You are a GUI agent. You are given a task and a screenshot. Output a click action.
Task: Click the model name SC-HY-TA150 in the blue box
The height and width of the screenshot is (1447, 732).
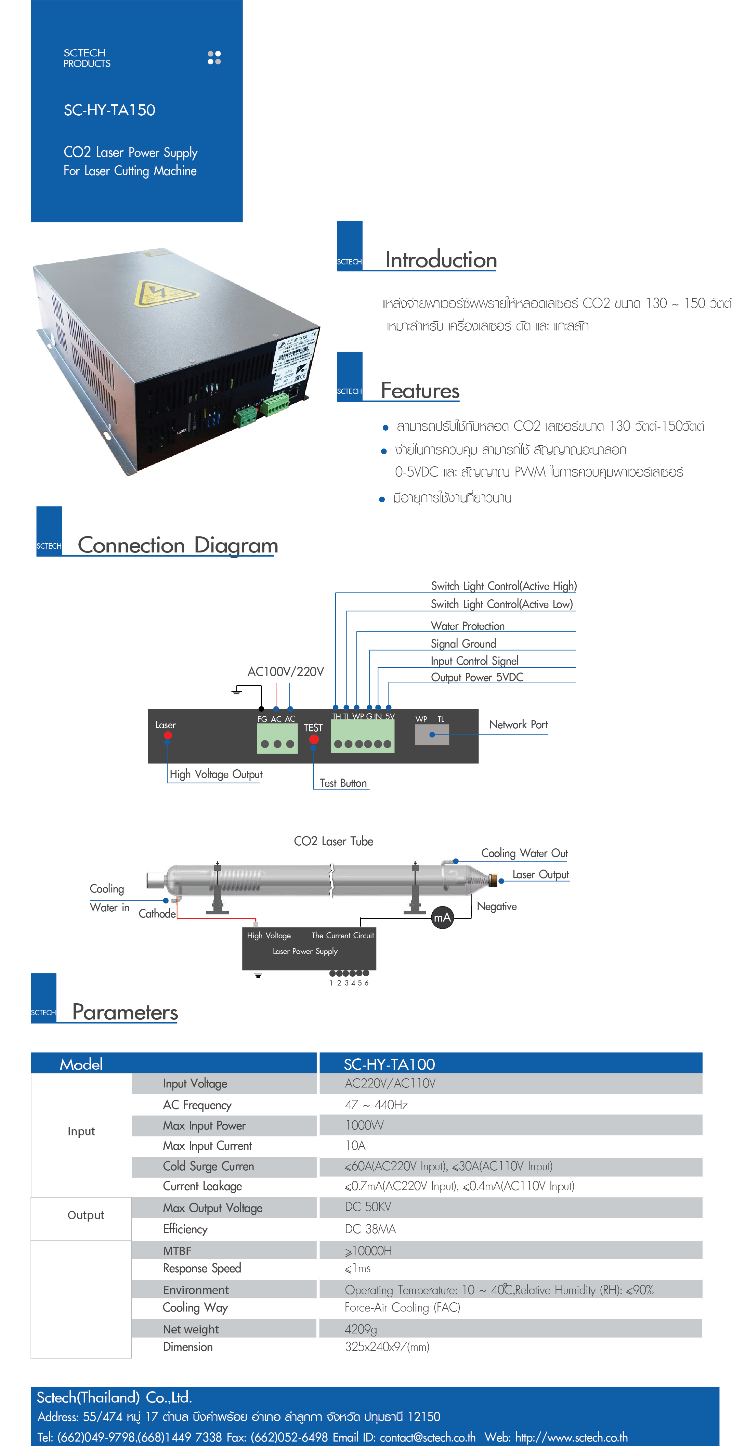coord(109,110)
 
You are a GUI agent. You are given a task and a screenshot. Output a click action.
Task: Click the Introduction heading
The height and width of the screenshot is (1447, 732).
coord(441,260)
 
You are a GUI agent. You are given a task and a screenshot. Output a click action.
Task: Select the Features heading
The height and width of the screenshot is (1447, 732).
coord(420,391)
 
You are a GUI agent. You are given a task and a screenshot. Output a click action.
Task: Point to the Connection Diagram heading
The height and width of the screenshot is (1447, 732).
coord(178,545)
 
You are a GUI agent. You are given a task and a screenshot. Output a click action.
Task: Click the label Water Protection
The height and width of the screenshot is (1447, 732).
coord(467,626)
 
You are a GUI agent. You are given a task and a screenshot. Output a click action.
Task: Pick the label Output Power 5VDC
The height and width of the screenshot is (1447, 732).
coord(476,677)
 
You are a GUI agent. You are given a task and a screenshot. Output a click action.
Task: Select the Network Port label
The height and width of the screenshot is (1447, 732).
coord(518,725)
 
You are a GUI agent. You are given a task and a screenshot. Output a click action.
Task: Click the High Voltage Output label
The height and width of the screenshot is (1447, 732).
coord(216,774)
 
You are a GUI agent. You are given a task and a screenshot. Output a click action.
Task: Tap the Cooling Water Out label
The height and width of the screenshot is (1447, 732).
coord(524,853)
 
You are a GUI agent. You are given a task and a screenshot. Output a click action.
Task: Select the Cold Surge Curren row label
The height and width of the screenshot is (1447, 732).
coord(208,1166)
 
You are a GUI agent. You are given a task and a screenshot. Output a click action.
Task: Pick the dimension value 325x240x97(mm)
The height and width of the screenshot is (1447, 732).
coord(387,1346)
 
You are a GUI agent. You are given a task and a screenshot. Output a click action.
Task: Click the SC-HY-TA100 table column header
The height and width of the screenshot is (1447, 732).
coord(389,1064)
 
